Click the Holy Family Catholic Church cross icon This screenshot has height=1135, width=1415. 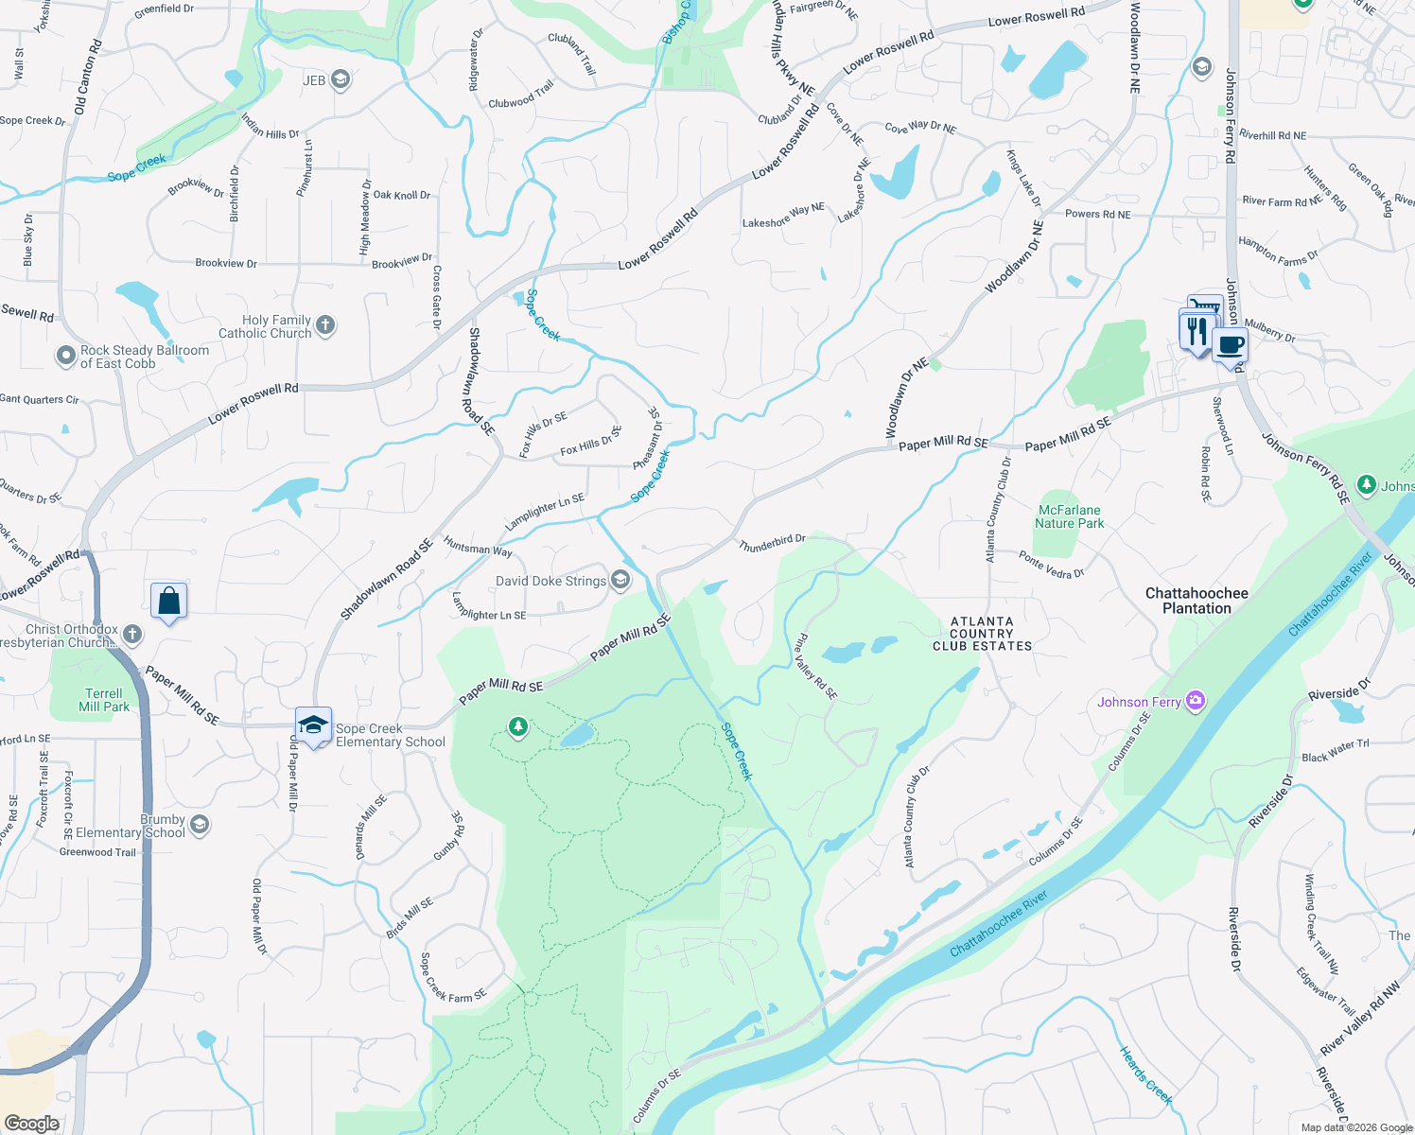pos(324,326)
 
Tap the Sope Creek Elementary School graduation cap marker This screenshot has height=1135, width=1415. pos(313,725)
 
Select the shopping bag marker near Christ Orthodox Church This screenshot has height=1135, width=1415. pos(168,601)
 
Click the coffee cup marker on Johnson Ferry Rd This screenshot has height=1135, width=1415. pos(1230,345)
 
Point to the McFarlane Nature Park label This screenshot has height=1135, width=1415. pos(1069,516)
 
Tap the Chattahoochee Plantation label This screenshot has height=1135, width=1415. pos(1197,601)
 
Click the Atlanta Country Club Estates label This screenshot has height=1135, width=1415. pos(982,634)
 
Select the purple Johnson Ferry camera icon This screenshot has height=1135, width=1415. pos(1196,701)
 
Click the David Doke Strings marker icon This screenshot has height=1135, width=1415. pos(620,580)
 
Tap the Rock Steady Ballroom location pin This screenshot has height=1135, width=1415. pos(65,356)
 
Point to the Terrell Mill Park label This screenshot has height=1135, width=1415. pos(104,700)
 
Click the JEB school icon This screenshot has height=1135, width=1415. pos(341,80)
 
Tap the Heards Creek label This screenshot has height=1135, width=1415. pos(1145,1075)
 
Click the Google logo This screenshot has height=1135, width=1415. pos(31,1123)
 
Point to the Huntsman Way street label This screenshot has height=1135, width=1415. pos(478,547)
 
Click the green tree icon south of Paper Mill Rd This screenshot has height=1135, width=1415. pos(517,727)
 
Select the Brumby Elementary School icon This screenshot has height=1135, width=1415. pos(199,825)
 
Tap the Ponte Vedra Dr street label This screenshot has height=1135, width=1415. pos(1051,565)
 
